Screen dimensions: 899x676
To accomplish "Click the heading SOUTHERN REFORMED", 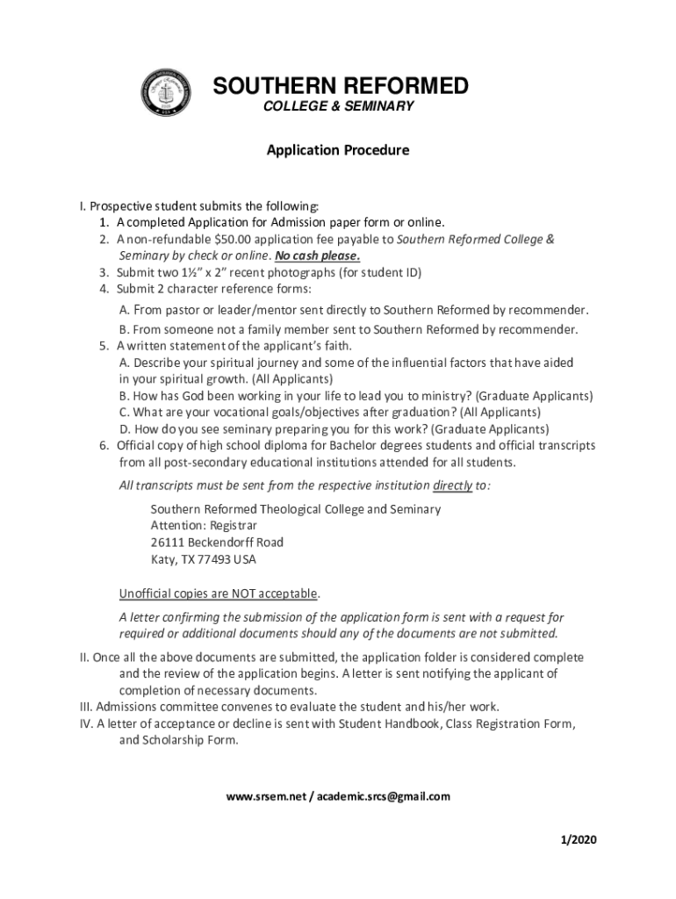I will [x=342, y=86].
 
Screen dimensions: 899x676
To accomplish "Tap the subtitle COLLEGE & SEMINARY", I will [x=339, y=106].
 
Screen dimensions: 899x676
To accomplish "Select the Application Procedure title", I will [x=338, y=150].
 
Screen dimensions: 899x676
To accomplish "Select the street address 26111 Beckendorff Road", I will [x=217, y=542].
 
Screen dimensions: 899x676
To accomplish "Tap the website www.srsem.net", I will [x=265, y=796].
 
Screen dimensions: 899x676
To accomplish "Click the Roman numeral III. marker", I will [x=85, y=706].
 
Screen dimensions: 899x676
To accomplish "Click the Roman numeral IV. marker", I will [x=86, y=723].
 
